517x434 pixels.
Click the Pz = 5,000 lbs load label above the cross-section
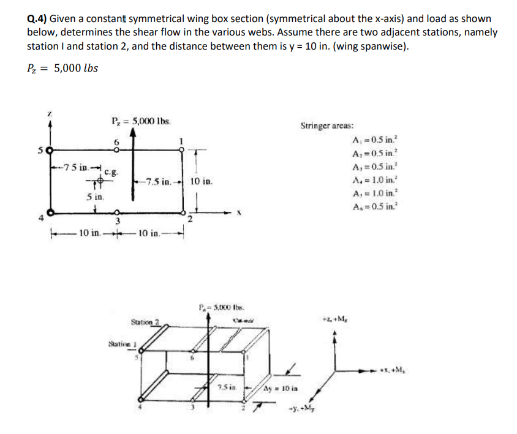[x=141, y=120]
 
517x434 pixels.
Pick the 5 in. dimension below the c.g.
[x=92, y=198]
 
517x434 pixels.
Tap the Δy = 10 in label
[x=281, y=389]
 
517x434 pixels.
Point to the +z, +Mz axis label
[x=331, y=318]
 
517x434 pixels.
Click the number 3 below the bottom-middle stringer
[x=118, y=220]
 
